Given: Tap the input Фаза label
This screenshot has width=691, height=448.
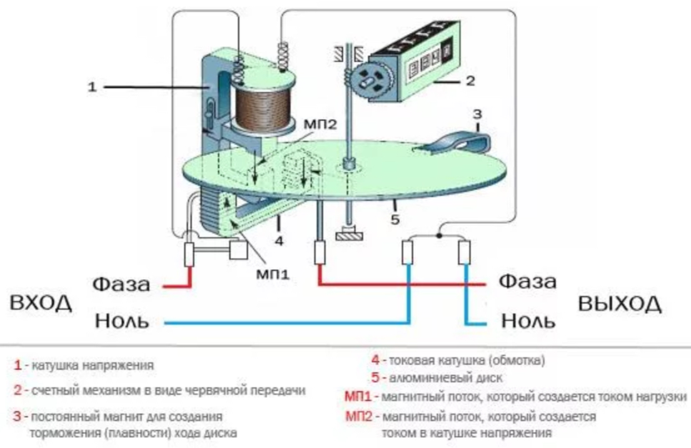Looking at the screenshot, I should point(122,285).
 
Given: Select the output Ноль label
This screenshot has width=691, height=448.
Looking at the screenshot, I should point(528,322).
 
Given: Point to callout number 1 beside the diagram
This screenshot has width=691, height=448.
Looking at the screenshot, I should point(92,88).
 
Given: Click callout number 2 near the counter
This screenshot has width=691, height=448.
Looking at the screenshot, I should point(470,80).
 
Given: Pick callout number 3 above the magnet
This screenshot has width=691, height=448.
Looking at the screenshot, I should point(477,115).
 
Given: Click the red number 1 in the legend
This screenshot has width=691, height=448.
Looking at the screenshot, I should point(18,364).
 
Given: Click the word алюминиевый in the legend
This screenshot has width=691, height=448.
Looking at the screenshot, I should point(420,378).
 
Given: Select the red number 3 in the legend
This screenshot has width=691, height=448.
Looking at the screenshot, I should point(18,416).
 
